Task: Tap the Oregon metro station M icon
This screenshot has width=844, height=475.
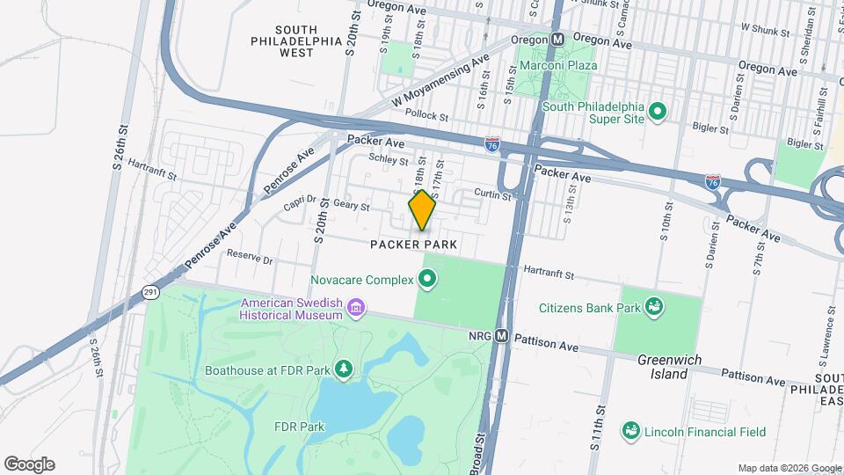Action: click(x=557, y=40)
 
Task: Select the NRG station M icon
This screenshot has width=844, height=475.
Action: click(x=502, y=335)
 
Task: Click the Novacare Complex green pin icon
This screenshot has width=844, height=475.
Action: click(x=427, y=281)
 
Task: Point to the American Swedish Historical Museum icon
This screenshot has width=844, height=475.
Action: click(x=357, y=308)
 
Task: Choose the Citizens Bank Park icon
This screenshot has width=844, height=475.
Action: click(x=653, y=307)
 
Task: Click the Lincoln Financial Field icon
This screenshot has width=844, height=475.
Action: click(x=629, y=430)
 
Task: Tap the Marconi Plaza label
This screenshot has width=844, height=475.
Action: click(x=557, y=65)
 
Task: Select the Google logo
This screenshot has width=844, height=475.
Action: click(x=28, y=464)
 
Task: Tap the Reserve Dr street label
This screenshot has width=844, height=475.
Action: click(x=251, y=259)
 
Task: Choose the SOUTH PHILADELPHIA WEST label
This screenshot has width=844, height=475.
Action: click(x=295, y=40)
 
